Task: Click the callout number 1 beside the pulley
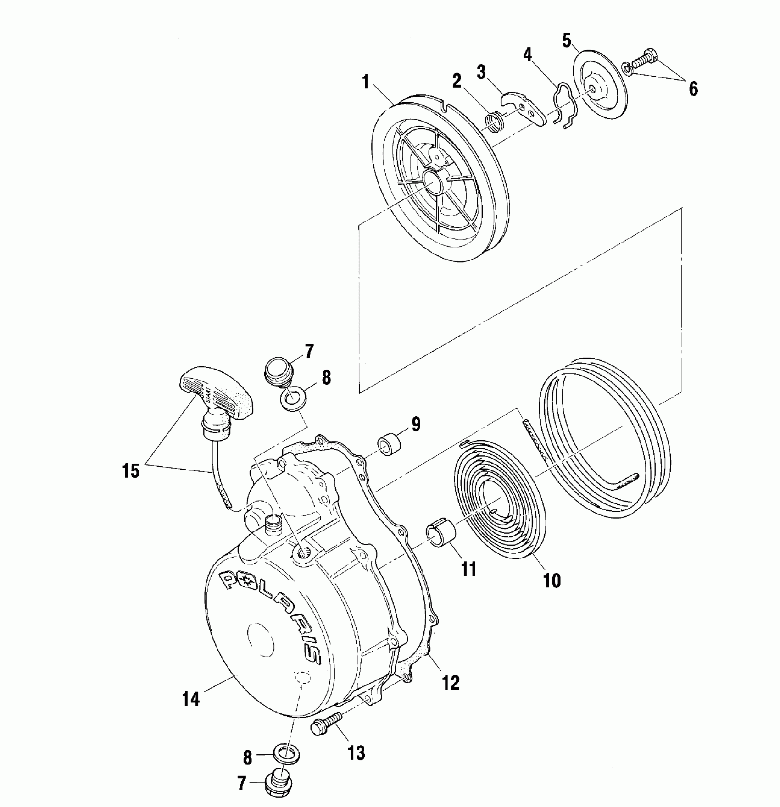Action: (365, 83)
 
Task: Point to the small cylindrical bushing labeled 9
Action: (389, 445)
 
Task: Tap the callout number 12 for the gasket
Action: (451, 682)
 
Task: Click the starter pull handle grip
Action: (216, 387)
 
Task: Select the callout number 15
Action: (130, 471)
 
